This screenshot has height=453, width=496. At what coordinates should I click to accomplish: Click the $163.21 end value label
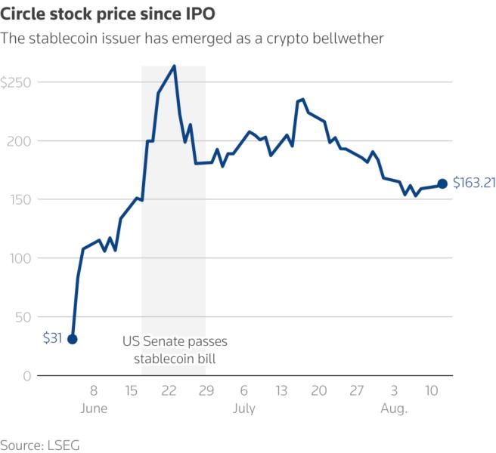(x=473, y=183)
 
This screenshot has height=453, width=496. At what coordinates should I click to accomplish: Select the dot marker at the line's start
(x=73, y=339)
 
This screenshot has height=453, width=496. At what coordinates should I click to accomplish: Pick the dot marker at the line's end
(x=442, y=183)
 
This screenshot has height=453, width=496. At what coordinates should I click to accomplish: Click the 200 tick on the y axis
(x=22, y=141)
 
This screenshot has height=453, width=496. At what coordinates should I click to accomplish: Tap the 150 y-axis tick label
(x=22, y=199)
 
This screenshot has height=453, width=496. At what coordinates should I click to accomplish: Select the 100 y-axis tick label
(x=22, y=258)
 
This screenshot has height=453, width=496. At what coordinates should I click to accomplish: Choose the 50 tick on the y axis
(x=24, y=317)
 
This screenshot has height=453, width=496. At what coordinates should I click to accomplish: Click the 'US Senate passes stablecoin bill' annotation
(x=175, y=350)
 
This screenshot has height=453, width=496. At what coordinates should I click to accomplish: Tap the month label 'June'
(x=93, y=408)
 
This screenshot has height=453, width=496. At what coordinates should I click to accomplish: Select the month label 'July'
(x=243, y=408)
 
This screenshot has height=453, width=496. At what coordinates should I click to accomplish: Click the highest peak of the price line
(x=175, y=66)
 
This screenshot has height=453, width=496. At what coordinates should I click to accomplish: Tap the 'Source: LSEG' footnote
(x=39, y=445)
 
